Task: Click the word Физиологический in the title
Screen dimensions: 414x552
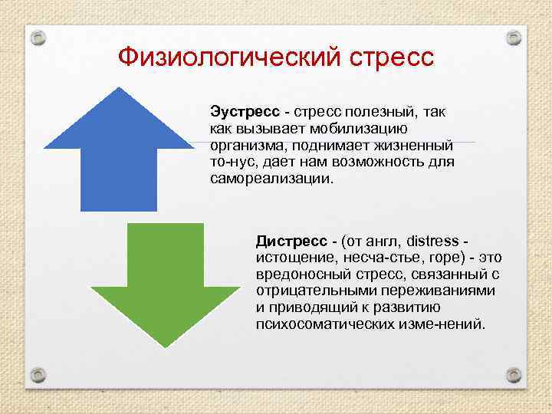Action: [x=222, y=58]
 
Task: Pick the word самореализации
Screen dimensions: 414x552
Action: [x=271, y=179]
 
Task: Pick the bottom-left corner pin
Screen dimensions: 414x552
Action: [x=38, y=375]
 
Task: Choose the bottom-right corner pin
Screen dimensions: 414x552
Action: [x=514, y=375]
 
